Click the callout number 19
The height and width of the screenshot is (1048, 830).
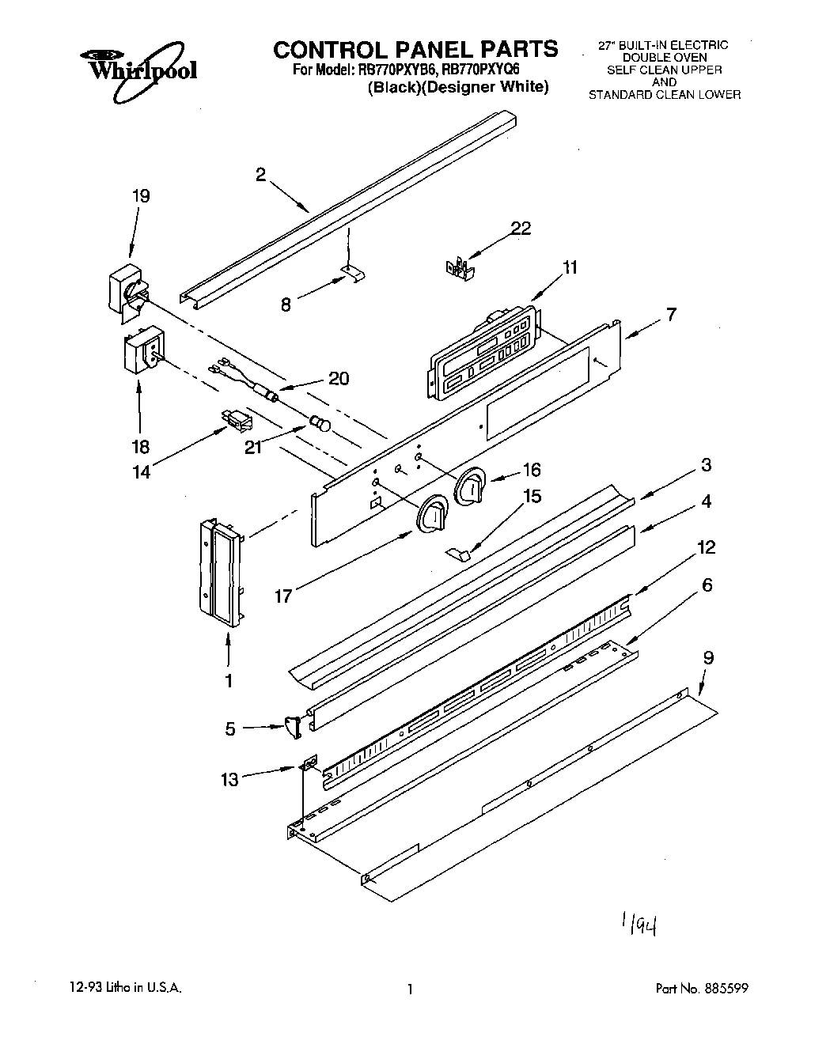tap(141, 196)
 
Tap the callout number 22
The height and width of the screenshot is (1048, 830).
tap(521, 229)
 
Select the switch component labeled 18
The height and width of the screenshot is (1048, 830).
tap(143, 352)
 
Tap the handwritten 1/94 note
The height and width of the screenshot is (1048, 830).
tap(642, 925)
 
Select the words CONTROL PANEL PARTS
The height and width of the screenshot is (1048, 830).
tap(415, 50)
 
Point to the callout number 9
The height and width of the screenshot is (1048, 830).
tap(708, 656)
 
